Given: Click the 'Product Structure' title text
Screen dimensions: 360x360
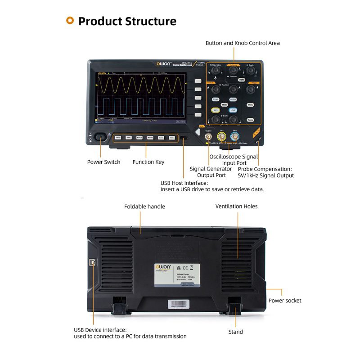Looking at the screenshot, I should [127, 21].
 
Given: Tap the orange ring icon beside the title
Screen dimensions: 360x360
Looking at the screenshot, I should [70, 20].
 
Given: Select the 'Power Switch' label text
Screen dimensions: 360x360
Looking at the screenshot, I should [103, 162].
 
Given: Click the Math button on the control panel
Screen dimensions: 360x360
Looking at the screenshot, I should [224, 104].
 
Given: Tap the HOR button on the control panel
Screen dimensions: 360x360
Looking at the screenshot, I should [242, 80].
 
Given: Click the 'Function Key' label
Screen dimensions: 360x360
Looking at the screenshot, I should [148, 162].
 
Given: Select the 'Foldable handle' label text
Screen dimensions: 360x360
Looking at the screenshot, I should [144, 207].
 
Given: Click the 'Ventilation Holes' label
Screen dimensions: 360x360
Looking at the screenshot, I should [236, 207].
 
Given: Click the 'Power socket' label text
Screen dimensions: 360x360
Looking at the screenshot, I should [285, 301].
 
